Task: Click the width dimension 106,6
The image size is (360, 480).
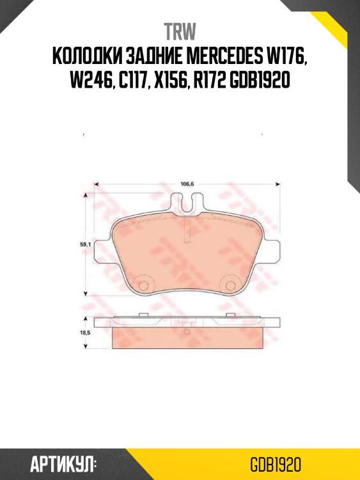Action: tap(187, 184)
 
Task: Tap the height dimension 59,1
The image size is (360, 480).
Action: tap(84, 243)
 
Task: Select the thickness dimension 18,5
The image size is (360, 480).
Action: tap(84, 333)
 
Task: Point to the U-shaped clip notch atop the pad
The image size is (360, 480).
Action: tap(187, 205)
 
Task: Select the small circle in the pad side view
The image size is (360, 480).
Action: tap(186, 332)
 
